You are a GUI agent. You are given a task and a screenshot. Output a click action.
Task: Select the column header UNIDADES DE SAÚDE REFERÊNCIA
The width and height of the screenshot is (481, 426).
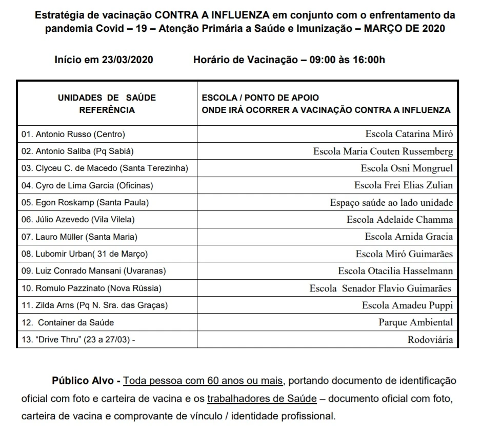[107, 103]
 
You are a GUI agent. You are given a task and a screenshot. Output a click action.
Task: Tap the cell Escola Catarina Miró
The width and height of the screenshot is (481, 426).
[409, 134]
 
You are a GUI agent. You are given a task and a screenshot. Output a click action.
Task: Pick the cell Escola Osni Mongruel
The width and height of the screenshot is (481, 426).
[407, 168]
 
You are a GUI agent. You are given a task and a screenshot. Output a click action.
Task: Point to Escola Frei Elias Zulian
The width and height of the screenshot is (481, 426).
[404, 185]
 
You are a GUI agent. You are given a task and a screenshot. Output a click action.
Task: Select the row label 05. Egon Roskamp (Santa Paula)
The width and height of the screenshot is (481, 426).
[85, 203]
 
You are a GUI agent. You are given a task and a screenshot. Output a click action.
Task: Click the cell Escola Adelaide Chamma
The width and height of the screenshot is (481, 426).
[399, 220]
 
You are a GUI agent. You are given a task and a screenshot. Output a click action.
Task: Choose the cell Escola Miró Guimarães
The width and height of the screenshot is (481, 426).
[404, 254]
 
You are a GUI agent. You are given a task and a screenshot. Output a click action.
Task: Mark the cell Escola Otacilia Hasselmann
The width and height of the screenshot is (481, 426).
[395, 271]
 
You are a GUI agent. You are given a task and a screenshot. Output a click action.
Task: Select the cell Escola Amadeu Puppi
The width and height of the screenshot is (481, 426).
[407, 305]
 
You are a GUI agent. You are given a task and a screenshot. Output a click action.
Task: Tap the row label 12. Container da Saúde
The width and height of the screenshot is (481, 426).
[68, 322]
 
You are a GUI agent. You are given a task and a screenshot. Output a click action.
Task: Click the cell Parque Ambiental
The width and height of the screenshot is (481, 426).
[415, 322]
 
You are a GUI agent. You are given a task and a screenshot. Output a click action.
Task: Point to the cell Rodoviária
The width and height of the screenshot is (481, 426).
[430, 339]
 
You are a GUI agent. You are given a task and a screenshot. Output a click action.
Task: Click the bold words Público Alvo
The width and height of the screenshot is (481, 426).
[86, 381]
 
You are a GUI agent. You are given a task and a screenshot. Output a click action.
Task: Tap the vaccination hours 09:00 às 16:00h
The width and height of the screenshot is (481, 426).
[347, 60]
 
